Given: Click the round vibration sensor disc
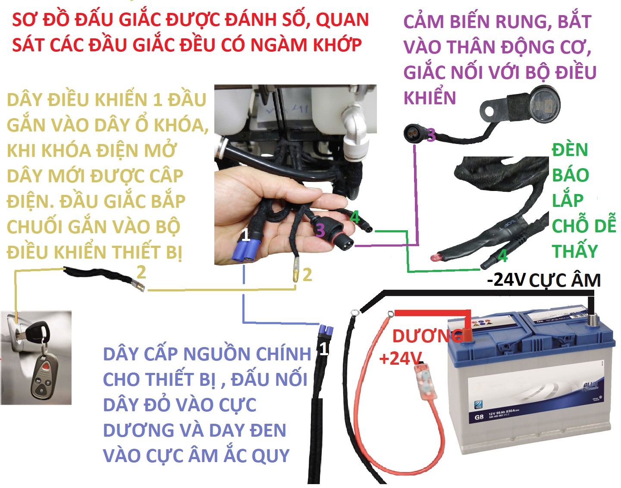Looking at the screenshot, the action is [544, 103].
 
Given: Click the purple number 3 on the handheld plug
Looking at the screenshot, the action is [320, 230].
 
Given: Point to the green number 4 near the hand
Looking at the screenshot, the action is [355, 217].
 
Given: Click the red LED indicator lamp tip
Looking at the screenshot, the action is [435, 257].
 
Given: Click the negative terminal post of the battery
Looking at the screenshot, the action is [591, 321].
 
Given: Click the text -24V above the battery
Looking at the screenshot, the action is [506, 280].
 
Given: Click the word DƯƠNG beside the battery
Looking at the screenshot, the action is [427, 336].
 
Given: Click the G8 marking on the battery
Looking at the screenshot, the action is [479, 417].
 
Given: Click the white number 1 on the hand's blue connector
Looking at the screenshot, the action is [245, 235].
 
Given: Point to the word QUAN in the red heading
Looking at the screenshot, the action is [342, 20].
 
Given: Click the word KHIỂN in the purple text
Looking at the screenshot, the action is [430, 97].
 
